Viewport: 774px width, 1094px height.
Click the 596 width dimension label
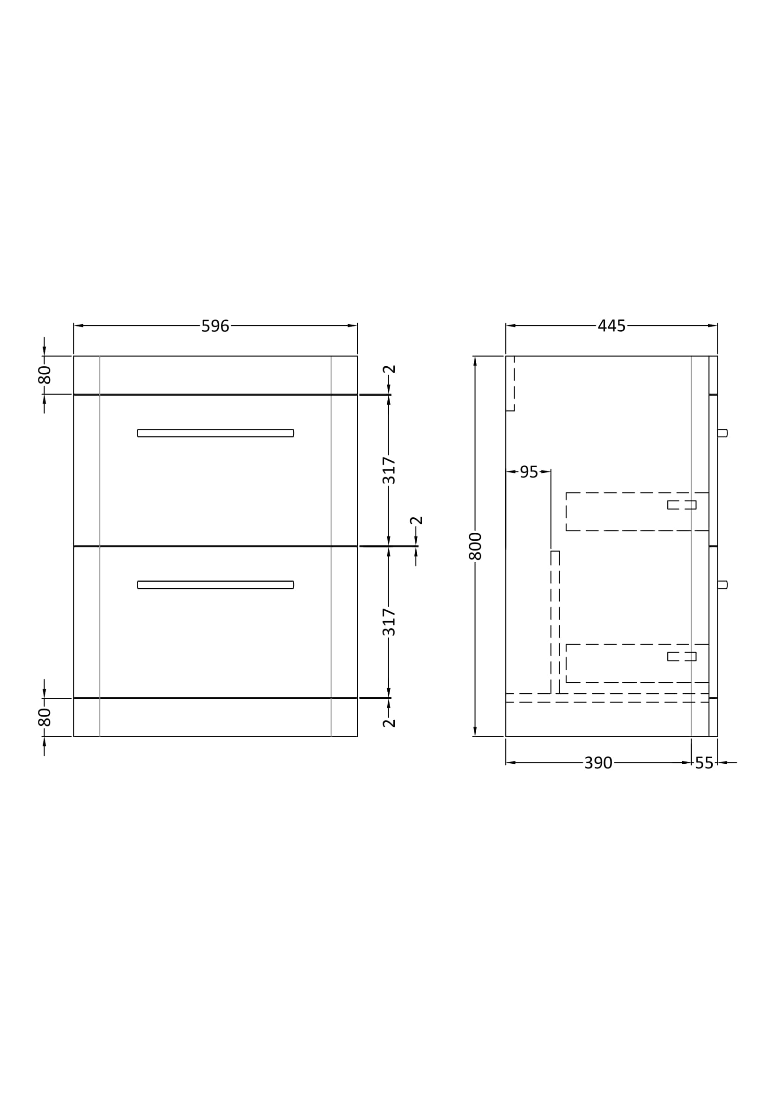tap(215, 326)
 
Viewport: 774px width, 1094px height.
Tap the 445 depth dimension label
tap(612, 326)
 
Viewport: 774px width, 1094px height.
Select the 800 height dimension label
tap(475, 546)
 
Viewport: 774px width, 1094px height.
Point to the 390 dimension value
tap(598, 763)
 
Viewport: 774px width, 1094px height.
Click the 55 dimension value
tap(704, 763)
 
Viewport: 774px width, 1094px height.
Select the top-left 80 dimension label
tap(44, 375)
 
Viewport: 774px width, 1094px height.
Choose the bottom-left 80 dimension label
tap(44, 717)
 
